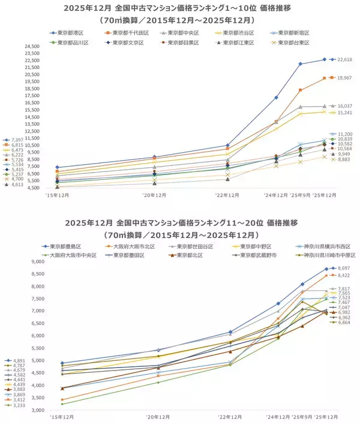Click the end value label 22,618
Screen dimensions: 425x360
coord(345,60)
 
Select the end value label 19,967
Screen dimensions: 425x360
coord(345,78)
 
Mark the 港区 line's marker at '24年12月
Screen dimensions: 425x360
coord(276,97)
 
